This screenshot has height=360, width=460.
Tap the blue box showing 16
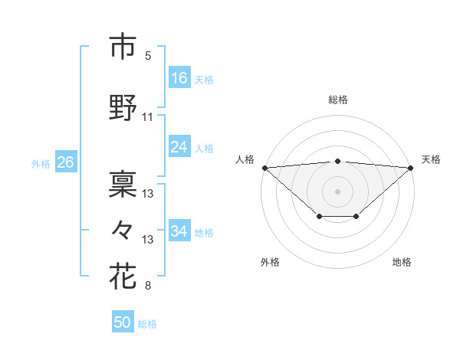[x=179, y=78]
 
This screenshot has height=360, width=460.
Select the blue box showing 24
[x=179, y=148]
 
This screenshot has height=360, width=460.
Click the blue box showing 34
[x=179, y=231]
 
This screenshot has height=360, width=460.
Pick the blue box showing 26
[x=65, y=162]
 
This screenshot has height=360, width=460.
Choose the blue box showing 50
[x=123, y=323]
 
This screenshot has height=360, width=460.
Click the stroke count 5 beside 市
[x=148, y=55]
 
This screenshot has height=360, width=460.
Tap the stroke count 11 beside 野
[x=148, y=117]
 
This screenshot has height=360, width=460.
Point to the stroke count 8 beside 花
[x=148, y=286]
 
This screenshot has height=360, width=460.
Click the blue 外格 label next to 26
[x=41, y=163]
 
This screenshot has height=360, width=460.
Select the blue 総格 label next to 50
[x=147, y=324]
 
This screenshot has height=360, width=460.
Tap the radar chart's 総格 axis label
[x=337, y=100]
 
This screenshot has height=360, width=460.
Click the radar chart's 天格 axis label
[x=431, y=159]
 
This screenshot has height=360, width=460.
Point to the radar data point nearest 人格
[x=264, y=167]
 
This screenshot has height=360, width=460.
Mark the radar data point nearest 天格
[x=411, y=167]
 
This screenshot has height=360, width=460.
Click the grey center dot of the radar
[x=337, y=191]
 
